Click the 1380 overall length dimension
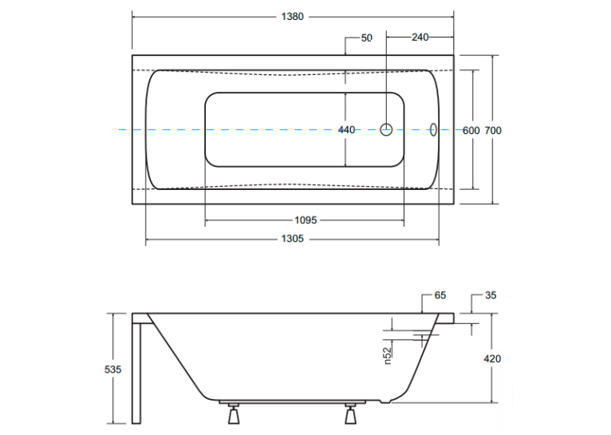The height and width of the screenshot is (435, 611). coord(292,17)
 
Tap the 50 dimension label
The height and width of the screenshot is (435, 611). coord(367,38)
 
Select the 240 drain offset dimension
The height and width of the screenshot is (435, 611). coord(420,37)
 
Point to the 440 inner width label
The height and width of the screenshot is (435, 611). coord(346,130)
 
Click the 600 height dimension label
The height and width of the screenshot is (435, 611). coord(471,131)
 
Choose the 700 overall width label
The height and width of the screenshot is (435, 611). coord(493,131)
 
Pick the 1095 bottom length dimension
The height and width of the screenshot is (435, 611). coord(305,220)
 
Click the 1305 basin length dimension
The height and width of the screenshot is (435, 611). coord(292,239)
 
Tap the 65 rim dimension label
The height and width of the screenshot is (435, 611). coord(440,295)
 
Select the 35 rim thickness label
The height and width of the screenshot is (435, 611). coord(491,295)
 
